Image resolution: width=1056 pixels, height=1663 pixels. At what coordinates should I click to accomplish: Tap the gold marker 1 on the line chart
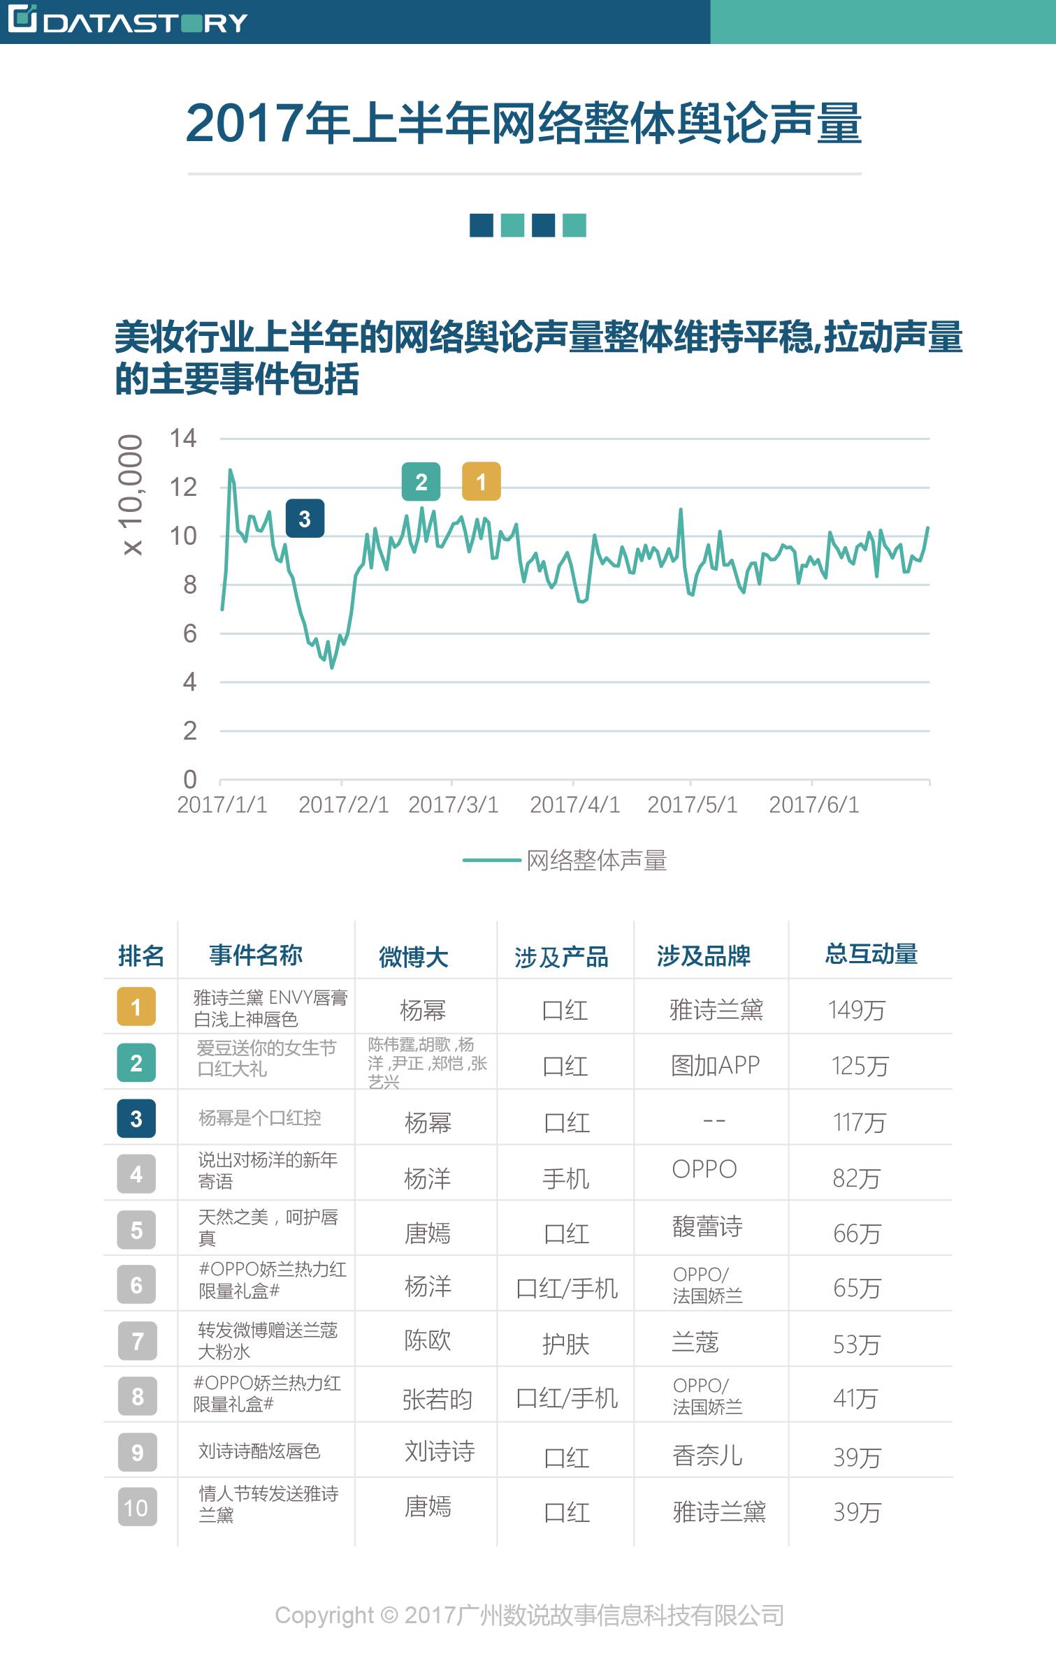tap(481, 482)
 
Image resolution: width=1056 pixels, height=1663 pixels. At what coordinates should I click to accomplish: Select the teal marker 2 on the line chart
tap(421, 482)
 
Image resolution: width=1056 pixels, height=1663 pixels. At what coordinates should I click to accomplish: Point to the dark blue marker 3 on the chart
tap(305, 519)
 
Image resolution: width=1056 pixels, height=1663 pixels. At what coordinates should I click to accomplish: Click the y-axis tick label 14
tap(183, 439)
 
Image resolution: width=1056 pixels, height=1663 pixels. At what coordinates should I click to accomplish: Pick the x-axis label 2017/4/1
tap(574, 805)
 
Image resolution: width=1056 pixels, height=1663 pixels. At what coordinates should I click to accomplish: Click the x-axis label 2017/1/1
tap(222, 805)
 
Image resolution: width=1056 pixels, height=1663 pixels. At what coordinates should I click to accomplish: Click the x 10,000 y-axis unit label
tap(131, 494)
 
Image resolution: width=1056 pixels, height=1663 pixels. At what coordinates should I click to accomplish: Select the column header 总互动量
tap(871, 954)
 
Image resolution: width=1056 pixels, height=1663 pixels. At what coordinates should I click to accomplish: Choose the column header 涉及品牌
tap(703, 955)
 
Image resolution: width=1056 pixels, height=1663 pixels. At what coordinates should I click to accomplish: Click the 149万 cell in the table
tap(856, 1010)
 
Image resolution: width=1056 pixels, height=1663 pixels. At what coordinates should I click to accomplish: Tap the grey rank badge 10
tap(137, 1508)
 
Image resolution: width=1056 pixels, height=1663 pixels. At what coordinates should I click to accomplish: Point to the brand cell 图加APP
tap(715, 1065)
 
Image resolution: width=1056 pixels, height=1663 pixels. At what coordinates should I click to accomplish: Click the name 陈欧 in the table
tap(428, 1340)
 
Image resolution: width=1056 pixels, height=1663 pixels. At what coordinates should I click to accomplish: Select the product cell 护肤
tap(565, 1344)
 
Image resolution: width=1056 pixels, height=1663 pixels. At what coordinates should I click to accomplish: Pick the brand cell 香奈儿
tap(707, 1456)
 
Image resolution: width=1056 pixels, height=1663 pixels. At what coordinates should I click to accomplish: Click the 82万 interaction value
tap(856, 1178)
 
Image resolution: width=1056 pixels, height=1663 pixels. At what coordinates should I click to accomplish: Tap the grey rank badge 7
tap(137, 1341)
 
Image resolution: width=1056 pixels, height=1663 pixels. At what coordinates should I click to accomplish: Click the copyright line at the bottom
tap(529, 1616)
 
